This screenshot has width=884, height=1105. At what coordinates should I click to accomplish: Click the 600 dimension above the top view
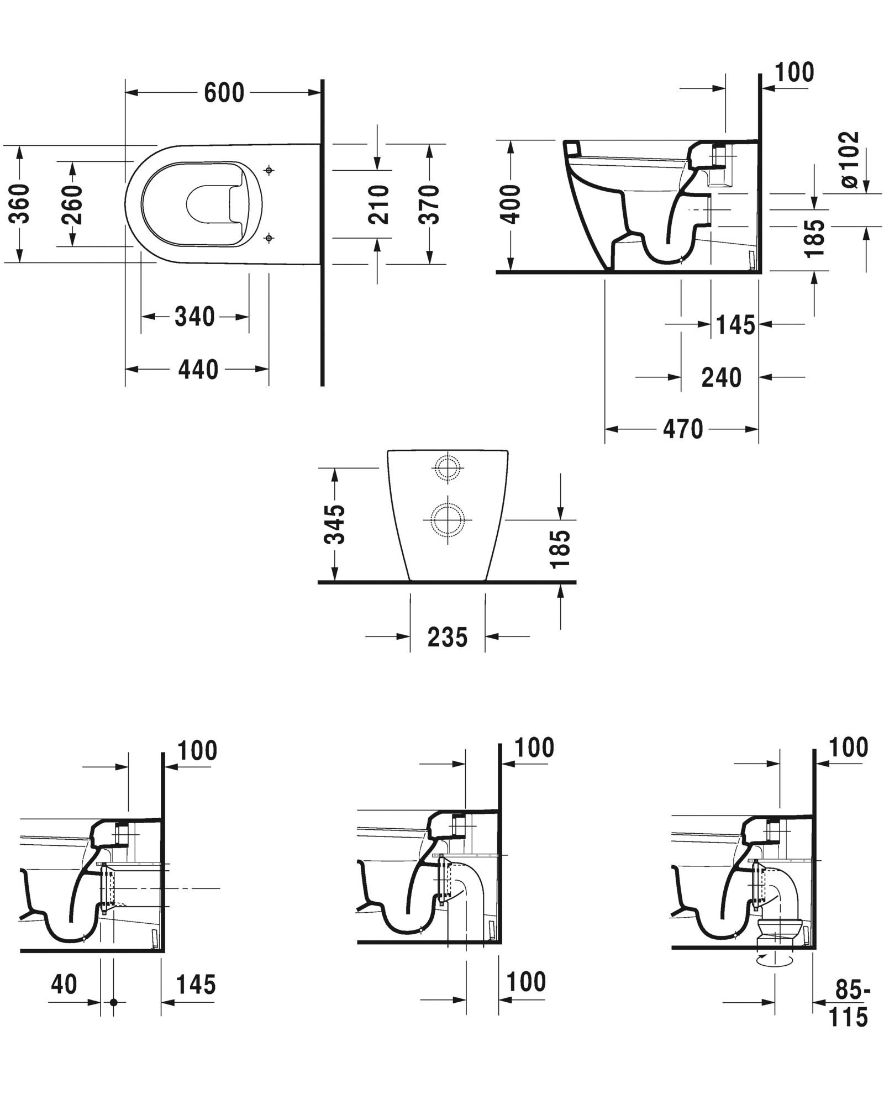[x=224, y=93]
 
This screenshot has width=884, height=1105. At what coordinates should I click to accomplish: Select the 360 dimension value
[x=21, y=204]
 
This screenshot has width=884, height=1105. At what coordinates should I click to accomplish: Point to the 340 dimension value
[x=194, y=317]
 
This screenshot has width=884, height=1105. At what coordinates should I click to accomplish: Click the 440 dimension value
[x=198, y=369]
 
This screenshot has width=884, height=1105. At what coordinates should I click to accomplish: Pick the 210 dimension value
[x=378, y=204]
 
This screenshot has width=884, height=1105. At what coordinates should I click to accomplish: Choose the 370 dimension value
[x=429, y=204]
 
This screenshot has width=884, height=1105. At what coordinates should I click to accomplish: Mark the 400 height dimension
[x=512, y=204]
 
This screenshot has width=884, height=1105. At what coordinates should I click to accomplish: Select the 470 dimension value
[x=683, y=429]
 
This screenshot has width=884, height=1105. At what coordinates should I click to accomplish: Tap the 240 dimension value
[x=721, y=378]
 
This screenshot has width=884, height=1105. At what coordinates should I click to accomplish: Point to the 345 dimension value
[x=335, y=524]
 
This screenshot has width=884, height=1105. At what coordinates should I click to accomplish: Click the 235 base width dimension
[x=448, y=637]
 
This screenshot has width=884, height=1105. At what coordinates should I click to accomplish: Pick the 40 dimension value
[x=64, y=984]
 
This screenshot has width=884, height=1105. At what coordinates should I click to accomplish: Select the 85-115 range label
[x=849, y=1003]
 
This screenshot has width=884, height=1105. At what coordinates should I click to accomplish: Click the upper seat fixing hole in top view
[x=269, y=170]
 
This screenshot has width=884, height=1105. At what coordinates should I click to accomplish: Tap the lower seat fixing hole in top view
[x=269, y=238]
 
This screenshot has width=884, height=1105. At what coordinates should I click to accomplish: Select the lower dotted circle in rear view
[x=447, y=520]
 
